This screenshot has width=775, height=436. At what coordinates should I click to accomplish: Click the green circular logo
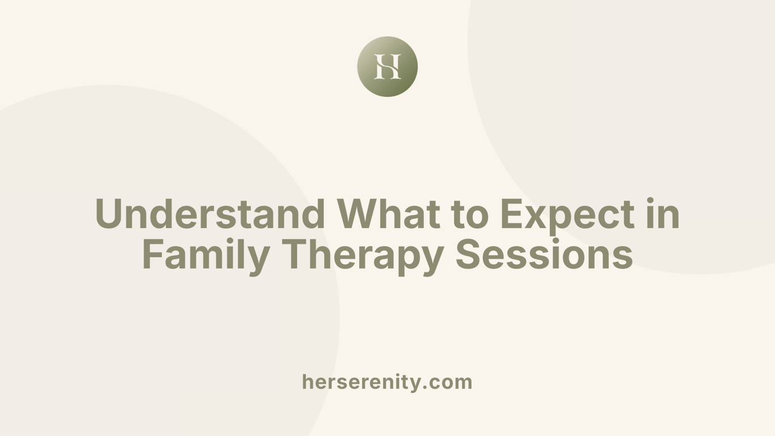click(387, 66)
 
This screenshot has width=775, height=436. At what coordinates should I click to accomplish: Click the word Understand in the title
click(210, 214)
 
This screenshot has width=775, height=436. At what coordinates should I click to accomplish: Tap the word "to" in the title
click(469, 214)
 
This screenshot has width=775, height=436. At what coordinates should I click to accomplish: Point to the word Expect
click(567, 214)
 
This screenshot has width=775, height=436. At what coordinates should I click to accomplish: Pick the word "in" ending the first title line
click(663, 214)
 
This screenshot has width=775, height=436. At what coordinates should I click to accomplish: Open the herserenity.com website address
click(387, 381)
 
